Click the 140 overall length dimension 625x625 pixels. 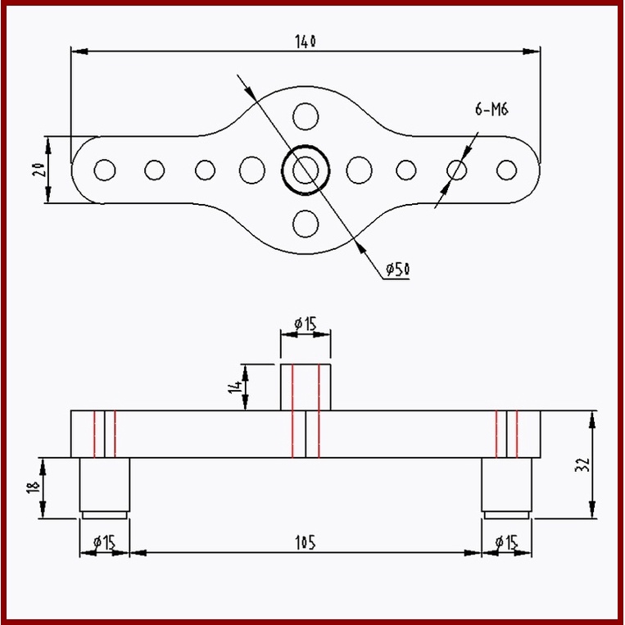[305, 41]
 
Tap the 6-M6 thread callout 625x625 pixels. [491, 109]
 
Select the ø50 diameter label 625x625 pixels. [397, 269]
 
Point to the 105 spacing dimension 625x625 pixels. [305, 541]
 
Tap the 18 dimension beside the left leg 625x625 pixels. [32, 487]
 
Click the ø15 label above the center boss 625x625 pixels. [305, 323]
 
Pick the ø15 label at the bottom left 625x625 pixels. [104, 541]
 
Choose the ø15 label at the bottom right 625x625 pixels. [506, 541]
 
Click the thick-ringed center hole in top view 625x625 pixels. [306, 170]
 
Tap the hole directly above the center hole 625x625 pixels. [306, 115]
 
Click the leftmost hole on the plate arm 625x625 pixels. [104, 170]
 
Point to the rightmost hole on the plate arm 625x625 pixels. [507, 170]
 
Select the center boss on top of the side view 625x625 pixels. [306, 387]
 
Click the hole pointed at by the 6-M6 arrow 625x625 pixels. [457, 170]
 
